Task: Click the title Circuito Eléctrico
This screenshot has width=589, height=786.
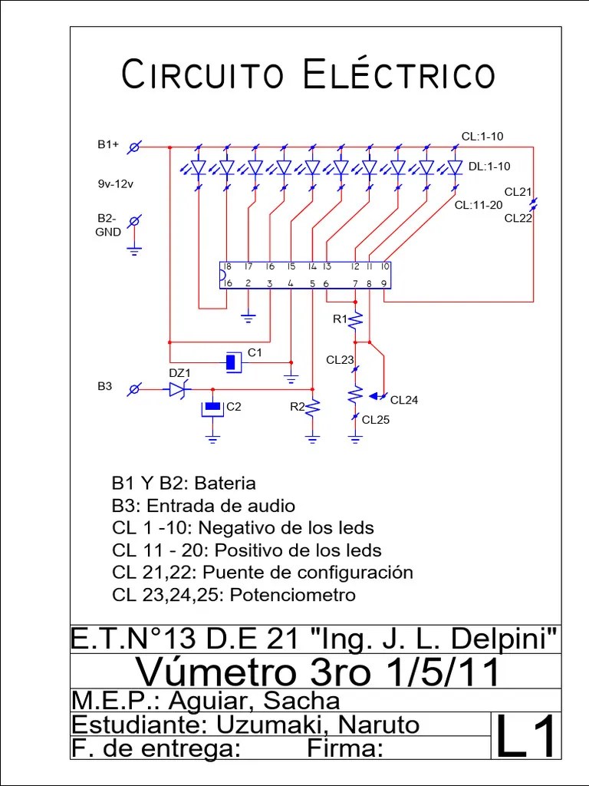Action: click(x=308, y=75)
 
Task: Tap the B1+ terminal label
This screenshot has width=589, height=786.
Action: click(x=108, y=144)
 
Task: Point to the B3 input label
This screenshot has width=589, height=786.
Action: click(x=104, y=386)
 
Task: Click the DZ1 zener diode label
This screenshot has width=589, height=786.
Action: click(x=179, y=373)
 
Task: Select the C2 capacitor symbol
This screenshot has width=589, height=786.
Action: click(x=212, y=408)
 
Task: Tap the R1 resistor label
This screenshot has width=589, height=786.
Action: click(x=340, y=319)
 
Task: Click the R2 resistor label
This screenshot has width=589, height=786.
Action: click(x=297, y=407)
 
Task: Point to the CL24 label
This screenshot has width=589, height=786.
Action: click(x=405, y=400)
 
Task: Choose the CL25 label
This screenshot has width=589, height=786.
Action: click(x=376, y=420)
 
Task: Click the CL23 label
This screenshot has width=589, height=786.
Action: click(x=340, y=359)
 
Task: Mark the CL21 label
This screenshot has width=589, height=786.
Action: click(x=518, y=192)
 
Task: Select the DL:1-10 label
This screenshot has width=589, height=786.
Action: click(x=489, y=166)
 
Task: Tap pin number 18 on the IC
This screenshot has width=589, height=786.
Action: click(x=228, y=266)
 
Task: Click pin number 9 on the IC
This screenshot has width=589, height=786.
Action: click(x=383, y=283)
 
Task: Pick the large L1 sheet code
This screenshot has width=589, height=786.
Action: click(x=526, y=736)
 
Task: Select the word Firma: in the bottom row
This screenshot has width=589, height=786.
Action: click(x=344, y=748)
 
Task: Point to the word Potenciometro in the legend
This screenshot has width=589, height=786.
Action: click(x=293, y=595)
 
